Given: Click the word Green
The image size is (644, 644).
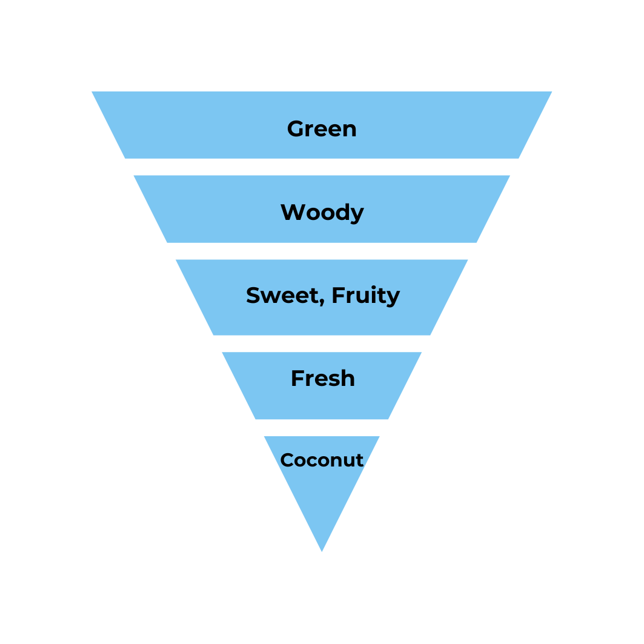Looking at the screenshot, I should pos(322,128).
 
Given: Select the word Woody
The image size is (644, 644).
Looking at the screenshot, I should pos(322,212).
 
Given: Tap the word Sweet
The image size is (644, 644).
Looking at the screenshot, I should pos(281,295).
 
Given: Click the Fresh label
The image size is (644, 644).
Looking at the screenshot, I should pos(322,378).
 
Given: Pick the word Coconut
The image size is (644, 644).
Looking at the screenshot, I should pos(322,460).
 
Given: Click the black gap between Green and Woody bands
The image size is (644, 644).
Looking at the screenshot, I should pos(322,167).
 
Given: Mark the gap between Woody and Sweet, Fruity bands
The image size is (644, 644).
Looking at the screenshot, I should pos(322,251).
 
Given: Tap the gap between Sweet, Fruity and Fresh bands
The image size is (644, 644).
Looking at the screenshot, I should pos(322,344).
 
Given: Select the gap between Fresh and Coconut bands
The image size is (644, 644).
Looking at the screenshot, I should pos(322,428).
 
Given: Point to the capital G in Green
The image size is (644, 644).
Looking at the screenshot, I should pos(296,128).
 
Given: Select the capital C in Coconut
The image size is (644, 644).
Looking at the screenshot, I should pos(287,460).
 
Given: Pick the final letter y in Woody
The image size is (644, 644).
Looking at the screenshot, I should pos(357,214).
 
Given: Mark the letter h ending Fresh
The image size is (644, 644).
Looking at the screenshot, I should pos(348,378).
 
